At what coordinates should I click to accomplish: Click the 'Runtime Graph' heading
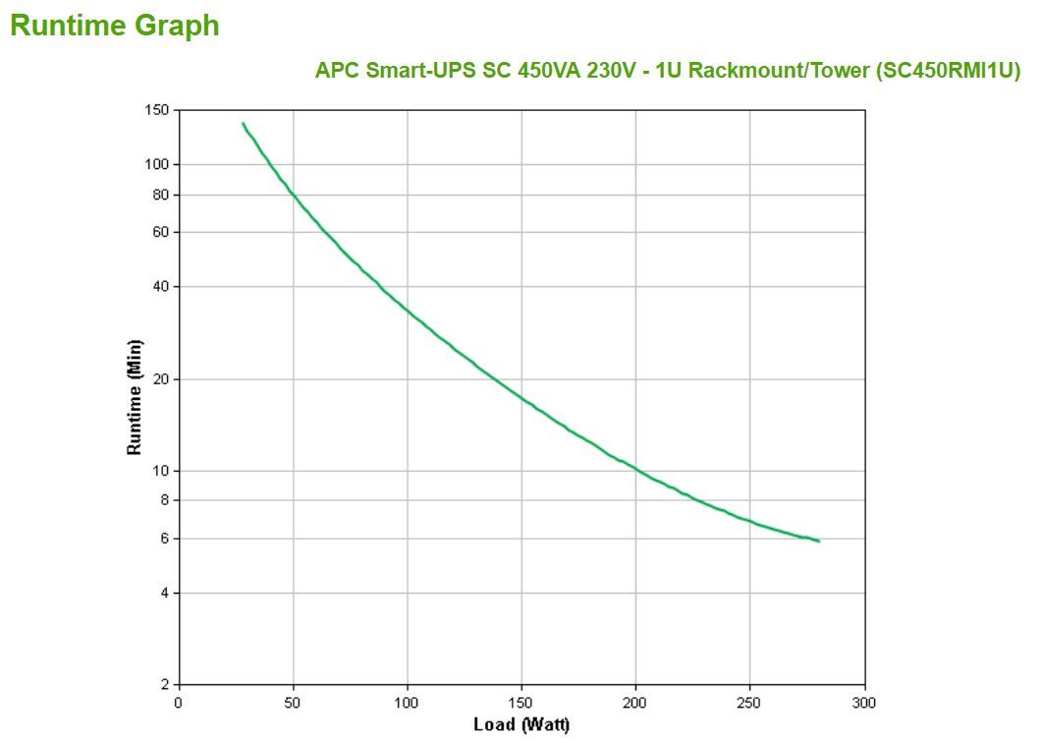click(x=115, y=27)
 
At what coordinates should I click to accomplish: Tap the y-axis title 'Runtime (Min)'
click(x=135, y=397)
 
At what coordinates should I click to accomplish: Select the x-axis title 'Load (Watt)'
click(x=521, y=725)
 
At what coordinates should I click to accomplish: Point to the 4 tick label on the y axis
click(x=165, y=593)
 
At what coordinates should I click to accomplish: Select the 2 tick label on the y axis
click(x=165, y=684)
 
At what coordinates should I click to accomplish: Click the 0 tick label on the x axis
click(x=178, y=703)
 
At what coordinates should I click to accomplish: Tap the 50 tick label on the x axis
click(x=293, y=703)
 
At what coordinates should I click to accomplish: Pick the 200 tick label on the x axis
click(x=635, y=703)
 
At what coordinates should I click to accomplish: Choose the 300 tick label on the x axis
click(x=864, y=703)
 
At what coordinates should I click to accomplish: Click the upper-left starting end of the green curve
click(x=243, y=124)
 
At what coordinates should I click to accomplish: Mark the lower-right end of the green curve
click(x=818, y=541)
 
